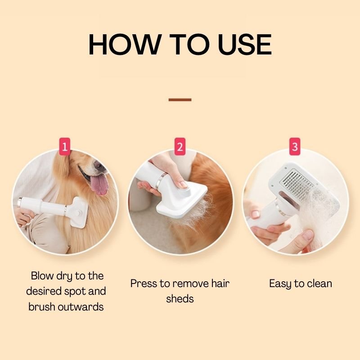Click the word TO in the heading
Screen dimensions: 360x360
184,45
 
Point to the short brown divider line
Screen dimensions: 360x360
180,99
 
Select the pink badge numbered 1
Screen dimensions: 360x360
65,147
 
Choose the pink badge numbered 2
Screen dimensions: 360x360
180,147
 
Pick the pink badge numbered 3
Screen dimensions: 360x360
295,147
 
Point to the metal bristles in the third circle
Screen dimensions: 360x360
300,184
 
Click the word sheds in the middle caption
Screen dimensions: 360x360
180,299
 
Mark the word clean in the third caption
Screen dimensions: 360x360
318,283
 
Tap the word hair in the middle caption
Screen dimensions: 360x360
220,283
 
